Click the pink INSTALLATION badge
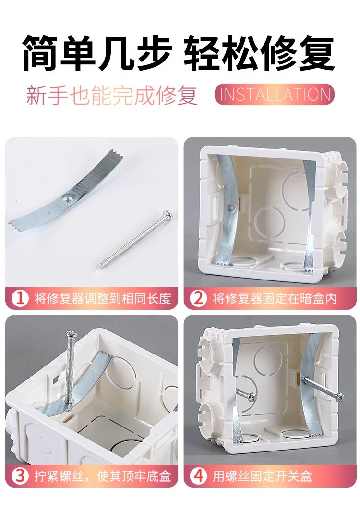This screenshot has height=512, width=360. click(275, 94)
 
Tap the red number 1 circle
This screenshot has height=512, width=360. click(20, 298)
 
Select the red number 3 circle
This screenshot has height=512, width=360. click(20, 476)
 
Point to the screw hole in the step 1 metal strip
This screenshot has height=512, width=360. click(67, 198)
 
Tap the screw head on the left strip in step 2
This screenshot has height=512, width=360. click(231, 207)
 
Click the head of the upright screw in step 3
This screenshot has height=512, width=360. click(71, 333)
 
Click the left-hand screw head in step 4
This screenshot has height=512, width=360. click(252, 396)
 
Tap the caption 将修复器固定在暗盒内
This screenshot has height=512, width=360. click(275, 298)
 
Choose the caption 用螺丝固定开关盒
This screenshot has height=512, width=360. click(262, 476)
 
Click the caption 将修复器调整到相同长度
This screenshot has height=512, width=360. click(103, 298)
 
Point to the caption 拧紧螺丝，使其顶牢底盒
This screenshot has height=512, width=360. click(103, 476)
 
